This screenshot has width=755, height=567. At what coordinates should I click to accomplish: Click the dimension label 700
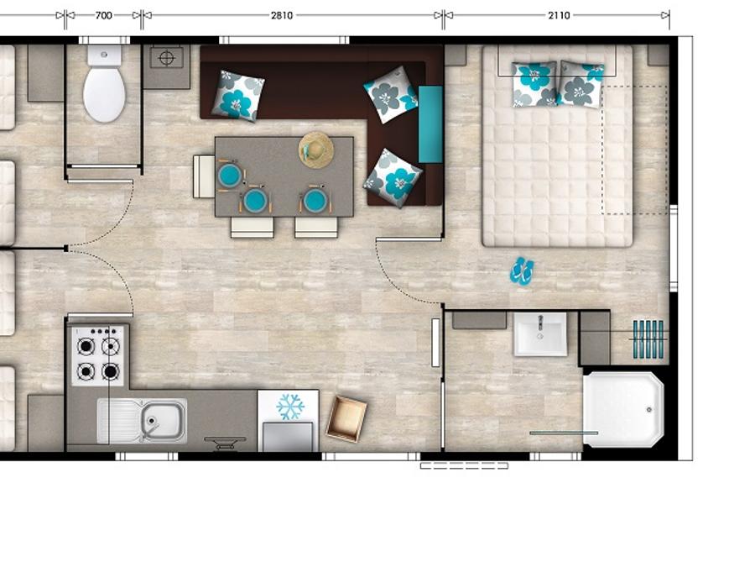(103, 15)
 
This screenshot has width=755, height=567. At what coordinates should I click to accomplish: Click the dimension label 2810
(282, 15)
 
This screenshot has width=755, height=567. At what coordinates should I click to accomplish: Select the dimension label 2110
(559, 15)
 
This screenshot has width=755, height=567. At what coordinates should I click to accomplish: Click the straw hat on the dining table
(316, 150)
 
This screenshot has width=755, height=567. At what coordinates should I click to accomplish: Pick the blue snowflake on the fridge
(290, 407)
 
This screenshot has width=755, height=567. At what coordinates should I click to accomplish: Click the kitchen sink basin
(164, 419)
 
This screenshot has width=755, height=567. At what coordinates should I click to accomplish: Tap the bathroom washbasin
(540, 334)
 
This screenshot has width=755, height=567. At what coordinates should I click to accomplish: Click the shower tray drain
(649, 410)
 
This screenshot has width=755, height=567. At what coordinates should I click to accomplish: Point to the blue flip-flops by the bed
(522, 270)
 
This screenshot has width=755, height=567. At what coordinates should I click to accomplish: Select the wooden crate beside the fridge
(346, 418)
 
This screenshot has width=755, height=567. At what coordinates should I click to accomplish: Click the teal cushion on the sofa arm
(430, 124)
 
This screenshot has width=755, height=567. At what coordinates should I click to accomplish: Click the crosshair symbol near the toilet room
(166, 58)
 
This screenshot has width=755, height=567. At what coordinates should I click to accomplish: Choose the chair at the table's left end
(204, 176)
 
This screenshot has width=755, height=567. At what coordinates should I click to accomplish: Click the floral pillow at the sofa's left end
(238, 96)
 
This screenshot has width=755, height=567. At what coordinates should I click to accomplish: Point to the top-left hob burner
(86, 346)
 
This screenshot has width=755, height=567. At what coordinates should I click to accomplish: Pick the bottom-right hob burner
(110, 372)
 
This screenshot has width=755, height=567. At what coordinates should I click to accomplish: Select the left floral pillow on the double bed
(534, 84)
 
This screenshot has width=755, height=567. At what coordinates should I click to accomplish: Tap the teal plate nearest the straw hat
(315, 200)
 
